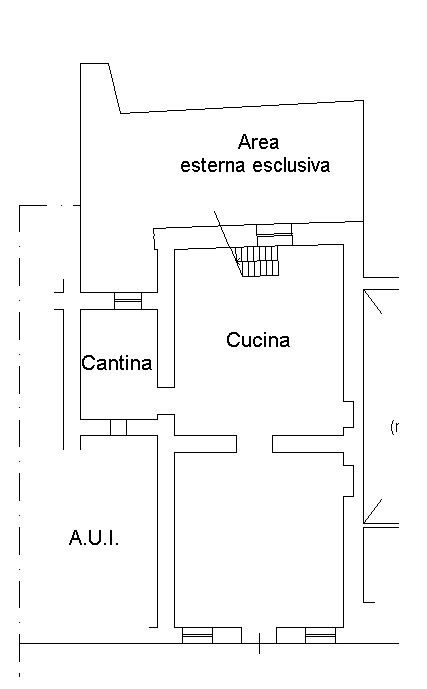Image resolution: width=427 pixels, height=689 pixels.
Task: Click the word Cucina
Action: tap(258, 340)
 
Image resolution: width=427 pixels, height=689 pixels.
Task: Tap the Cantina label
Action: tap(116, 363)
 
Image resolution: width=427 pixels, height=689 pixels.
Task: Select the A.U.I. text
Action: tap(94, 538)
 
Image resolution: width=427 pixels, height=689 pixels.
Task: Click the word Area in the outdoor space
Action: tap(258, 142)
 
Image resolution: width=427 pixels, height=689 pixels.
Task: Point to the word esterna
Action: tap(213, 165)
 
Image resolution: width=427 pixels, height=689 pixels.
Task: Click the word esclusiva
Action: tap(291, 165)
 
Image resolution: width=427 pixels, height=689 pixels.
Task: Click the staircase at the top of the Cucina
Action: tap(257, 261)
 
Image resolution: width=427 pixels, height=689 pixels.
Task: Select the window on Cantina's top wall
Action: tap(128, 301)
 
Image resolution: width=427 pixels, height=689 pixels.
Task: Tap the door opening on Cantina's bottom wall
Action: tap(118, 427)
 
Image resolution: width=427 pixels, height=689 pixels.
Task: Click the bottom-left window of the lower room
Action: tap(197, 635)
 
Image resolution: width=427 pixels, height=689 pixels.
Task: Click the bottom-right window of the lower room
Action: tap(320, 635)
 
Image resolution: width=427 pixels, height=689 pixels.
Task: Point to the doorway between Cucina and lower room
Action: tap(254, 444)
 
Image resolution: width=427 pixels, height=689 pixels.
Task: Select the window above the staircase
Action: tap(274, 234)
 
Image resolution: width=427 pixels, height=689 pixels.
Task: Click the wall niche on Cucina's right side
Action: tap(348, 414)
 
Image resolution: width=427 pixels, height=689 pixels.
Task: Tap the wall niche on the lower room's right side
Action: tap(348, 480)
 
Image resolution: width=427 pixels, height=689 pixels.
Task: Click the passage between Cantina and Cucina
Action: tap(166, 401)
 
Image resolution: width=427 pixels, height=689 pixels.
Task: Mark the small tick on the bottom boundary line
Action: tap(259, 643)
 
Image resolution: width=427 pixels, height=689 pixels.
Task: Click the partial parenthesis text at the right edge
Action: tap(394, 427)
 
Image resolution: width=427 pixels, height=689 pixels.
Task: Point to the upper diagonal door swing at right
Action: tap(373, 302)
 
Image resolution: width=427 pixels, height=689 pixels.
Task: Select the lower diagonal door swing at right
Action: tap(373, 511)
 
